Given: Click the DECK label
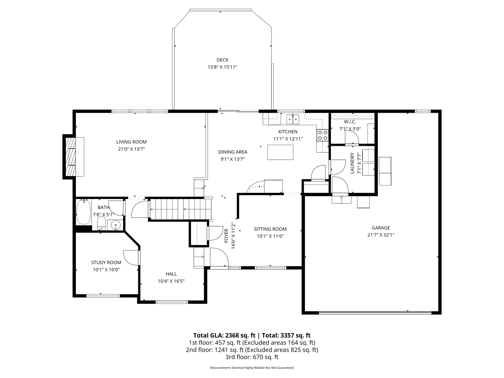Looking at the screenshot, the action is tap(222, 60).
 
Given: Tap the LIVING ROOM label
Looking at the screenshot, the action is tap(131, 142).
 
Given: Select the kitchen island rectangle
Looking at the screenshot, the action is tap(280, 152).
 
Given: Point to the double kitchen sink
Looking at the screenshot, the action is tap(292, 119).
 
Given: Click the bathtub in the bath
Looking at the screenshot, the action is tap(84, 212).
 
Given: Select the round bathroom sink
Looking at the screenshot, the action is tap(116, 225).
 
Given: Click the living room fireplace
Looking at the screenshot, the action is tap(74, 157).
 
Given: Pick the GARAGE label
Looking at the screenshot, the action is tap(381, 228).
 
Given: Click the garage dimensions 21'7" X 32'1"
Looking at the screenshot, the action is tap(381, 235).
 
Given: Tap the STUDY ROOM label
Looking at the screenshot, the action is tap(106, 263).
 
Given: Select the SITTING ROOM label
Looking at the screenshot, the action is tap(270, 229).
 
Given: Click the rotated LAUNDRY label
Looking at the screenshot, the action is tap(352, 163).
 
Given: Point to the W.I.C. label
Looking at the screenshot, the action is tap(350, 122).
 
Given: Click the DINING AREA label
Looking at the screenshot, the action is tap(233, 152).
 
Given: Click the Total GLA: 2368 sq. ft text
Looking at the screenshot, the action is tap(224, 335).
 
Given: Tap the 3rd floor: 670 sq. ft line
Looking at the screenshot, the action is tap(252, 357).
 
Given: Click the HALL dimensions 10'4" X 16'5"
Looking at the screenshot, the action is tap(171, 281).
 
